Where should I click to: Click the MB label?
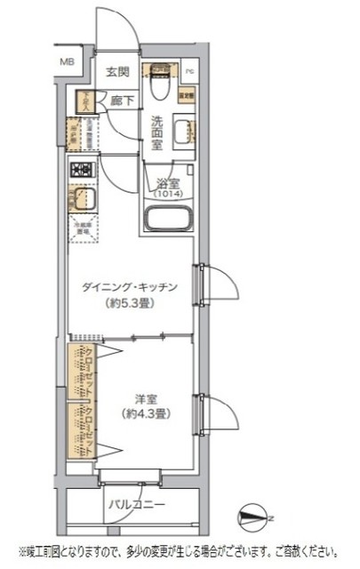point(67,61)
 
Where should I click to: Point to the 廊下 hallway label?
point(123,100)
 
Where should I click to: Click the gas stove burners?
point(82,169)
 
